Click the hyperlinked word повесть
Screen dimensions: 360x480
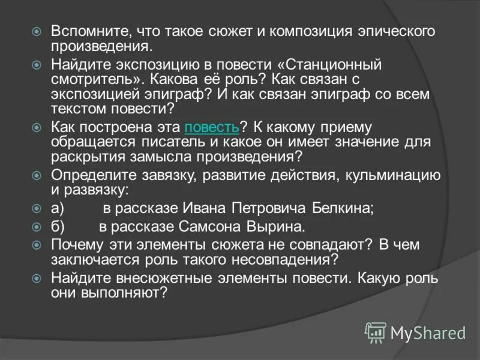[212, 127]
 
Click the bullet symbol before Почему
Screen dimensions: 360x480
[37, 245]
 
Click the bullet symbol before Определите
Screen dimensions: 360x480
[37, 176]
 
